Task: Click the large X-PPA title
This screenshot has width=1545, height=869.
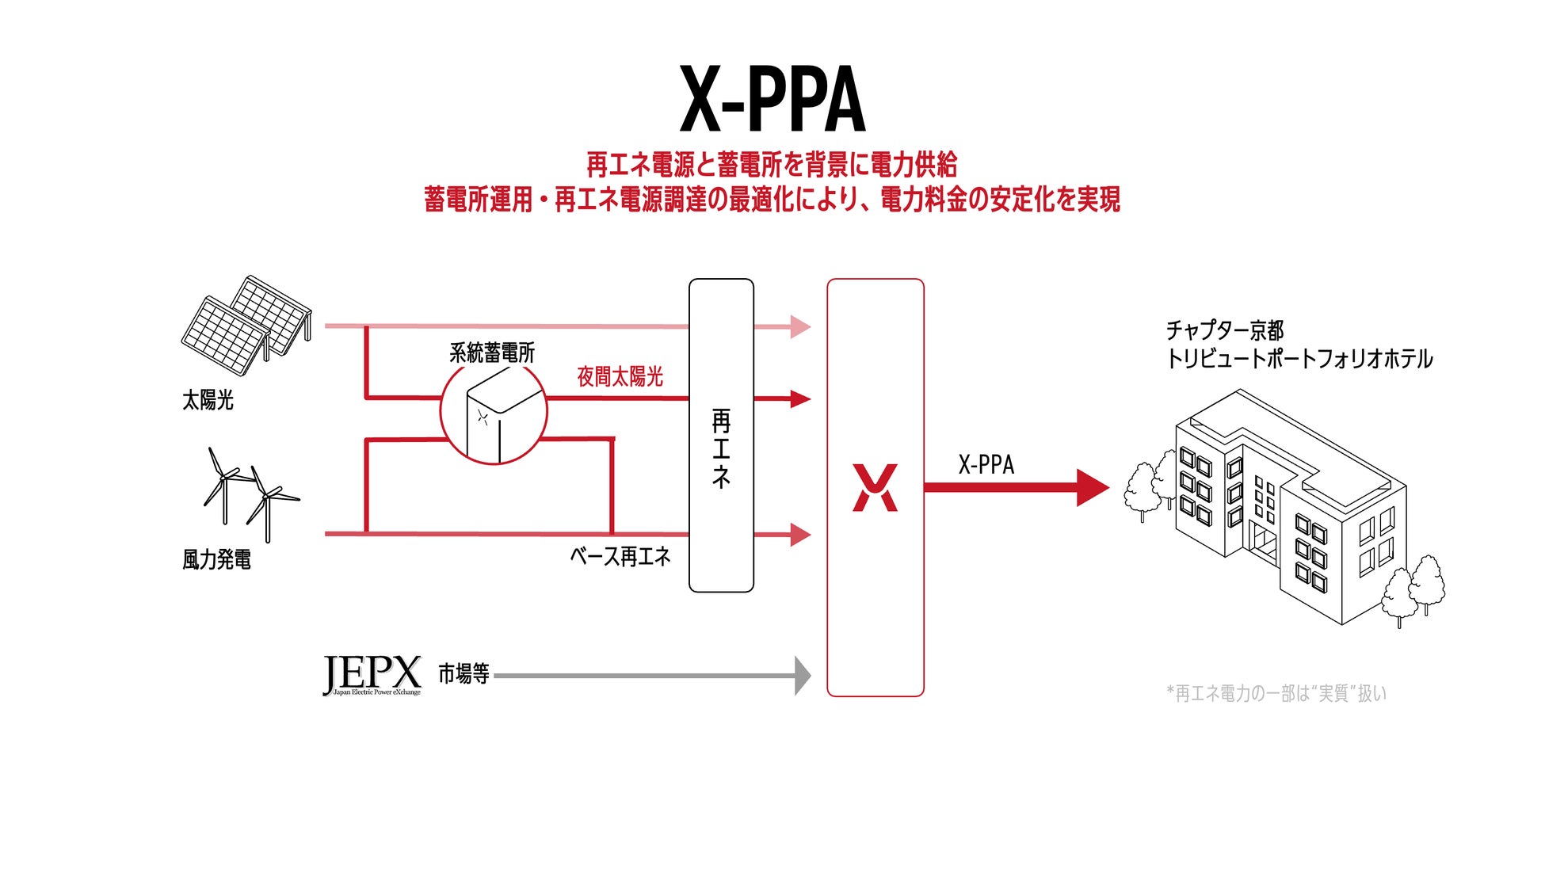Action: coord(772,100)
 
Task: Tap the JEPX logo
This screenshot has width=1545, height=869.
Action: coord(372,675)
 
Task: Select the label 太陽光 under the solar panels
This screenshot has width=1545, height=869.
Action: coord(208,400)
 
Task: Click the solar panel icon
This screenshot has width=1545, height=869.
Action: coord(246,325)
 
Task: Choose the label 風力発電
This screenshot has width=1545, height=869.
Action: coord(216,559)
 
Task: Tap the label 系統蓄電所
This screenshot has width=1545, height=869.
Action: coord(492,353)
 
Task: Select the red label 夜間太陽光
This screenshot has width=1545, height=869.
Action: coord(620,377)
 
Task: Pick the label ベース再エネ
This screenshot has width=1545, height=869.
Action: coord(620,556)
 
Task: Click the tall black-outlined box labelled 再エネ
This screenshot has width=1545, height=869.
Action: coord(721,436)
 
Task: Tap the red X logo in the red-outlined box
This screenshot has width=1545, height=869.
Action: coord(875,488)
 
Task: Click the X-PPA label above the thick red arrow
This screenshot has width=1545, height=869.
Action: coord(986,464)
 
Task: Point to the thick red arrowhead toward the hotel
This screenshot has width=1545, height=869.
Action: coord(1093,488)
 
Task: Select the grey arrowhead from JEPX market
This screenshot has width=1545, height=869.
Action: coord(803,676)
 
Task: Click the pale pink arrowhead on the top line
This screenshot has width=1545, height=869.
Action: coord(800,326)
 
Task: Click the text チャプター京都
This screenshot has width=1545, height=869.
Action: coord(1224,330)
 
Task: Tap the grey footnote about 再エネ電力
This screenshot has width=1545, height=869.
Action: coord(1276,693)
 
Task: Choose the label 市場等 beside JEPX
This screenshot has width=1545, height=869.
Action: coord(463,674)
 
